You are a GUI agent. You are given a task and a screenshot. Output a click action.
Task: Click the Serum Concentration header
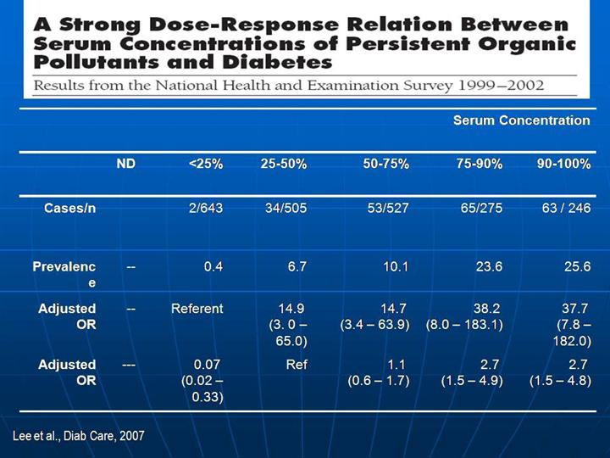521,120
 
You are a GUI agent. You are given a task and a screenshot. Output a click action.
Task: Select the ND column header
125,164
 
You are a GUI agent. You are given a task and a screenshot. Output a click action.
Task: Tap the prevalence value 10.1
395,267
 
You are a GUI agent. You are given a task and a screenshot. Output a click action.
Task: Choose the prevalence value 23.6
488,267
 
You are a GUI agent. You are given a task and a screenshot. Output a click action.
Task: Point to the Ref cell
297,364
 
